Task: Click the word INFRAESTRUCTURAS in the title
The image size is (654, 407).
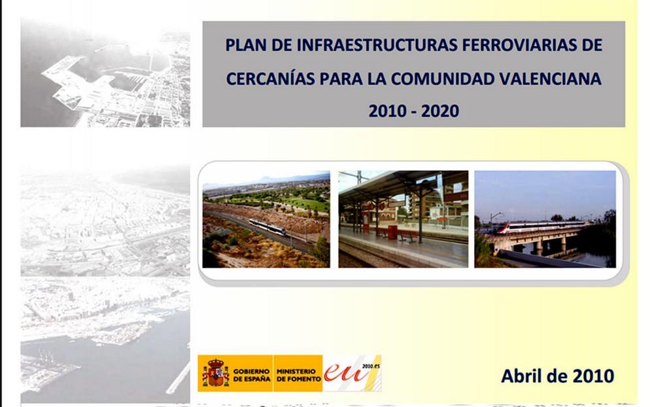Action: tap(377, 45)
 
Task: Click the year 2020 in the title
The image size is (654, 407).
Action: tap(440, 111)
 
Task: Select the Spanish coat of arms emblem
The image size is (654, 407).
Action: tap(215, 373)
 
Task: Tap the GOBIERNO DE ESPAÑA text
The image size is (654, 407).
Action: tap(252, 375)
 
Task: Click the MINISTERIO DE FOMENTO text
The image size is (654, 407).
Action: tap(298, 375)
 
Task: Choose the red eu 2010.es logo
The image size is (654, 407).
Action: tap(352, 373)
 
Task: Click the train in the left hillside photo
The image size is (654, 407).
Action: tap(267, 227)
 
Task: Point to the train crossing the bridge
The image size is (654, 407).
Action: tap(542, 227)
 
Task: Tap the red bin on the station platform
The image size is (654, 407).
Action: tap(392, 232)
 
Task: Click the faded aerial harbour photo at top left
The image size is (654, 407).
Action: tap(105, 73)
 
